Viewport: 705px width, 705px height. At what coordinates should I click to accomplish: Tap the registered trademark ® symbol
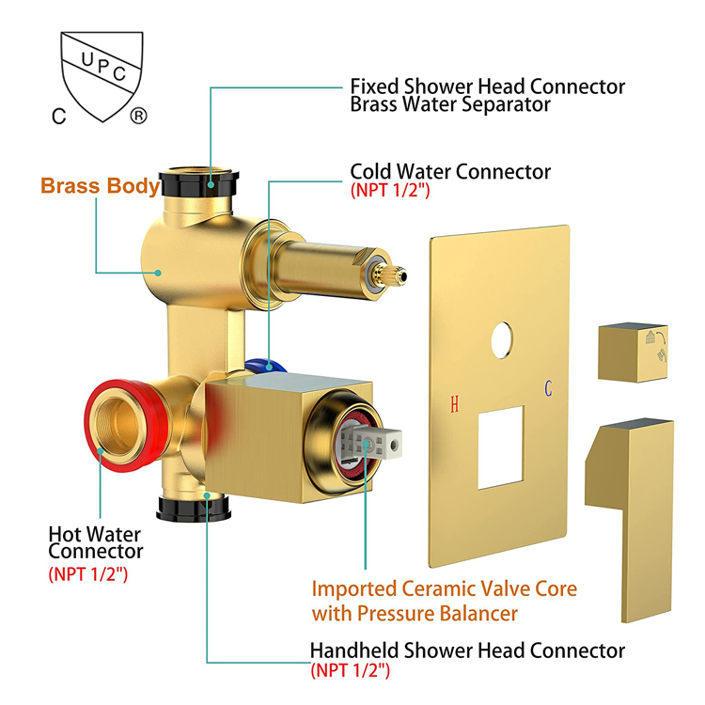138,117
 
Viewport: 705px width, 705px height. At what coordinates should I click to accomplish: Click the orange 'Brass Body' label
100,185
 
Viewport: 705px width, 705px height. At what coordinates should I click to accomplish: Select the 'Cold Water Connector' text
450,172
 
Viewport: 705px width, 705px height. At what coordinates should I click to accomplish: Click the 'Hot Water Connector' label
95,542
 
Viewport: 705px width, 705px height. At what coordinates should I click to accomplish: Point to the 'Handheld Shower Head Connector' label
467,650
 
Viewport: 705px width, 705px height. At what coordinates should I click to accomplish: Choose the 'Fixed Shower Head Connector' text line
487,86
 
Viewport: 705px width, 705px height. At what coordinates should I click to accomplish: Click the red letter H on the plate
455,405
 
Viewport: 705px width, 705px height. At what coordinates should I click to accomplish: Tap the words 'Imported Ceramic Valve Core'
445,590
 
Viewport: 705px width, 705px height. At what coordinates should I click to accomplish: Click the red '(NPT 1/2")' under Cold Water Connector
390,191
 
